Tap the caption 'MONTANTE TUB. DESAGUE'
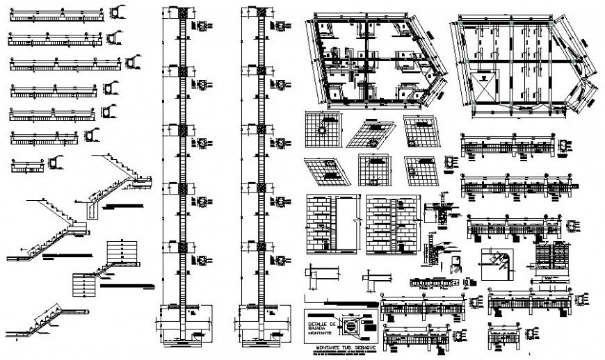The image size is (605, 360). tap(341, 347)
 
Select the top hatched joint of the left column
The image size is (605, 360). tap(184, 15)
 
